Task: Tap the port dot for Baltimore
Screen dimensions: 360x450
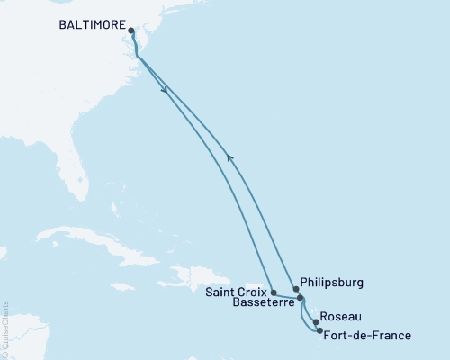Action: point(131,31)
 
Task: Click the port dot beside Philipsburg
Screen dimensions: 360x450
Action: point(296,289)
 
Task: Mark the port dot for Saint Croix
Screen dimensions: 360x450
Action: point(274,292)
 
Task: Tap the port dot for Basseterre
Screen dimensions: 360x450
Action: point(301,299)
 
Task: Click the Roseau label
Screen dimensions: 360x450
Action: point(341,317)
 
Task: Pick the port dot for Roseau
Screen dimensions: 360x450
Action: point(316,321)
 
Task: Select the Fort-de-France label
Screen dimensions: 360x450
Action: point(368,336)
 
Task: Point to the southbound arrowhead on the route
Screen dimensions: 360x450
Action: point(165,89)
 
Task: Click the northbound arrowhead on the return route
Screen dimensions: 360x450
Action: point(230,158)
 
